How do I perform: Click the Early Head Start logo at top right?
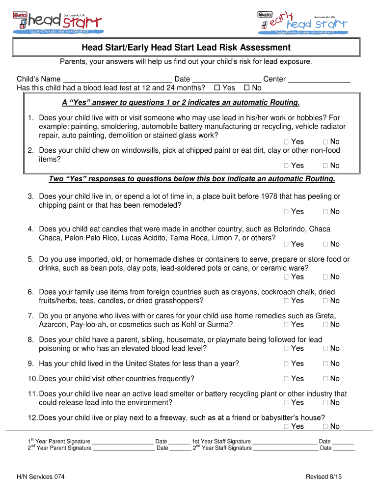point(302,22)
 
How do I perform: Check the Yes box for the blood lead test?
point(217,88)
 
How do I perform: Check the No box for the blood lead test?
point(246,88)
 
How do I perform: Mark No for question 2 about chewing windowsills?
point(325,166)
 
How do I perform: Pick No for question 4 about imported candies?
point(325,244)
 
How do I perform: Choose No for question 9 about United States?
point(325,364)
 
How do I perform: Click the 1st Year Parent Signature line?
point(123,442)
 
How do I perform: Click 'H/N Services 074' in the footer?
point(40,477)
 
